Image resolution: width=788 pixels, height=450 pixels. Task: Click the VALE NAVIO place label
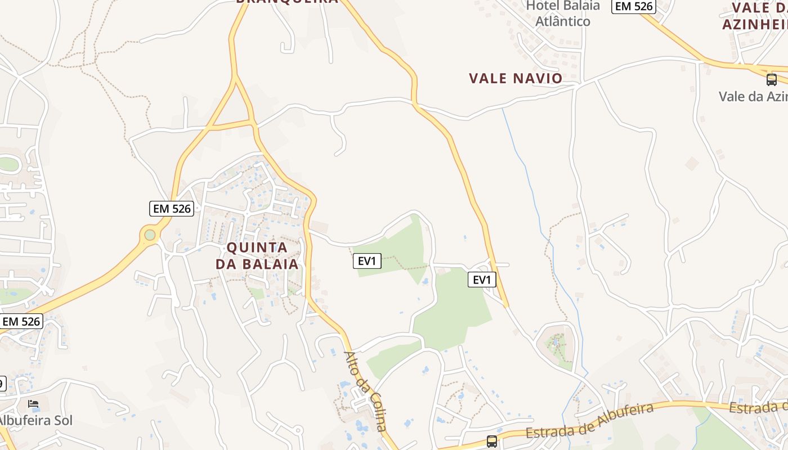click(516, 78)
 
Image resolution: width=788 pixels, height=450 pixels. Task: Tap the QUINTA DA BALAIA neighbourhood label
click(257, 255)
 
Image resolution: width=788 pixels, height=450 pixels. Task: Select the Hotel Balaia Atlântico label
click(562, 13)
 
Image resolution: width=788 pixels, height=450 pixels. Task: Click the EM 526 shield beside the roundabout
click(172, 209)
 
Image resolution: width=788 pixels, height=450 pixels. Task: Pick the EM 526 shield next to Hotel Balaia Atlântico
click(634, 6)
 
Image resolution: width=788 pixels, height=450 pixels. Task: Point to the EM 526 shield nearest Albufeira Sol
click(21, 321)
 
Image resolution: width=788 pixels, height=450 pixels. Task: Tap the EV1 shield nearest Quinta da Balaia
click(367, 260)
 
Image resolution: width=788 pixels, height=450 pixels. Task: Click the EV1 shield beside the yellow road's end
click(482, 280)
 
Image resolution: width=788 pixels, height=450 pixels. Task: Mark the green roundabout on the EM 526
click(150, 235)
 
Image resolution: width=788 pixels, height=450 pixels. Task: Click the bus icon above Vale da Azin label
click(772, 80)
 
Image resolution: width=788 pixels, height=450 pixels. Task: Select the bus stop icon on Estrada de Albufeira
click(492, 442)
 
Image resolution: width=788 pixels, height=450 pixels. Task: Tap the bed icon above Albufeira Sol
click(34, 404)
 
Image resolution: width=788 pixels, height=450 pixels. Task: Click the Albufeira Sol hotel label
click(35, 420)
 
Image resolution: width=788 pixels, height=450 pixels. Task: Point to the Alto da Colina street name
click(365, 391)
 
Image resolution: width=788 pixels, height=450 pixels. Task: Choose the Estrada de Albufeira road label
click(589, 421)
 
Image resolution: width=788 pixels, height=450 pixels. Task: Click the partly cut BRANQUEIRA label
click(287, 2)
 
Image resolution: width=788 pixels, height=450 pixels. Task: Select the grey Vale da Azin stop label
click(753, 96)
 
